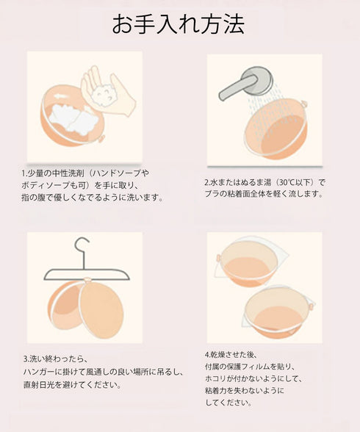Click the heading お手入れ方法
tap(179, 25)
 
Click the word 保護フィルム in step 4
tap(253, 365)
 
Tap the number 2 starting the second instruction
tap(207, 181)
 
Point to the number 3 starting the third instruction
tap(25, 359)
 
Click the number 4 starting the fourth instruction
tap(207, 353)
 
